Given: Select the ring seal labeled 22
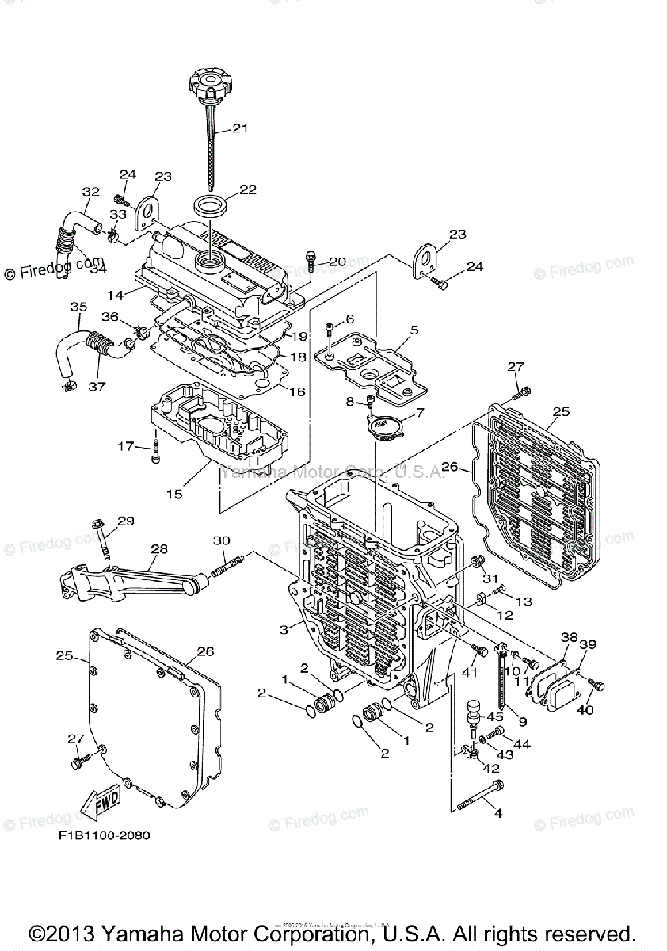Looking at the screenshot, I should pyautogui.click(x=212, y=204).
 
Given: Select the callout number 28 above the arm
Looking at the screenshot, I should pyautogui.click(x=159, y=548).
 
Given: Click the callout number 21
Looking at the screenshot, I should pyautogui.click(x=240, y=128).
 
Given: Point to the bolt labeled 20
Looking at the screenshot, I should pyautogui.click(x=311, y=260).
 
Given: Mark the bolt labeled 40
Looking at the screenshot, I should pyautogui.click(x=598, y=685).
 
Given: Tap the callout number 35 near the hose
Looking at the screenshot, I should pyautogui.click(x=78, y=306).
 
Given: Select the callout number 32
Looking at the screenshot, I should pyautogui.click(x=90, y=191).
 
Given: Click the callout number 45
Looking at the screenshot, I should pyautogui.click(x=495, y=717).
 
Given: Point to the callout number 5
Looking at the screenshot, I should pyautogui.click(x=414, y=330).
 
